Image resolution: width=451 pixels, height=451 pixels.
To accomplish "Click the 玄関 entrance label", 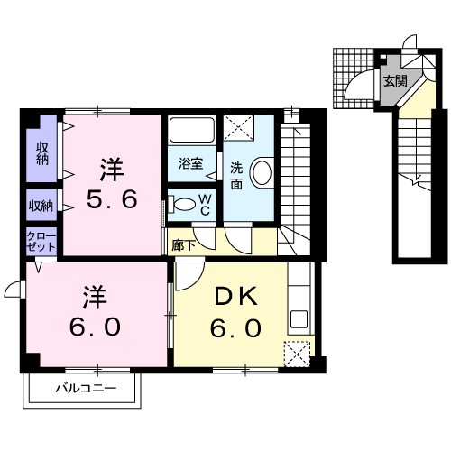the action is click(395, 81).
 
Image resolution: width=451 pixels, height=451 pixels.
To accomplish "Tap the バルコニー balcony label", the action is click(86, 389).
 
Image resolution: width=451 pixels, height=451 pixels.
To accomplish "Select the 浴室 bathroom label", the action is click(190, 163).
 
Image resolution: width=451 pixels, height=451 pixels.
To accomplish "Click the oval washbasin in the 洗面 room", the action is click(262, 173).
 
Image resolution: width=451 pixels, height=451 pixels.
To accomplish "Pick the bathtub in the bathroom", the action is click(192, 130).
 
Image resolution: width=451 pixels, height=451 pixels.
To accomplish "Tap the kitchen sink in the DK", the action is click(299, 319).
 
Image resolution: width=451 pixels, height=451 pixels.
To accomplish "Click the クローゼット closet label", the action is click(41, 242).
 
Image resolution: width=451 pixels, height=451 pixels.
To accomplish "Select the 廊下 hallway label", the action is click(183, 245).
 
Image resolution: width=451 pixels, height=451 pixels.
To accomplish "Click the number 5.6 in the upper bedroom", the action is click(112, 199).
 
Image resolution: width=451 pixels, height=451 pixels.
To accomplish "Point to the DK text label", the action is click(235, 296).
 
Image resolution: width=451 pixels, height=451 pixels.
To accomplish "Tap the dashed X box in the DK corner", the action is click(297, 354).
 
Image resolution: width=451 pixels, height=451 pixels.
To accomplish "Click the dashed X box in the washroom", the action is click(238, 127).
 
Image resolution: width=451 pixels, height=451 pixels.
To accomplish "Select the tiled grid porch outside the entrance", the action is click(354, 78).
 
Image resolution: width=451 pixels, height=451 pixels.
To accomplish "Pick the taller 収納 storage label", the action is click(42, 153).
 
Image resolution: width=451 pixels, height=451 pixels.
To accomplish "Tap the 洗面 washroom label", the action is click(236, 176).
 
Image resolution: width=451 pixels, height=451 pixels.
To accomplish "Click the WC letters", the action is click(206, 205).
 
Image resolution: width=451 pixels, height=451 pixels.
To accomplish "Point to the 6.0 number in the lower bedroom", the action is click(96, 327).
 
